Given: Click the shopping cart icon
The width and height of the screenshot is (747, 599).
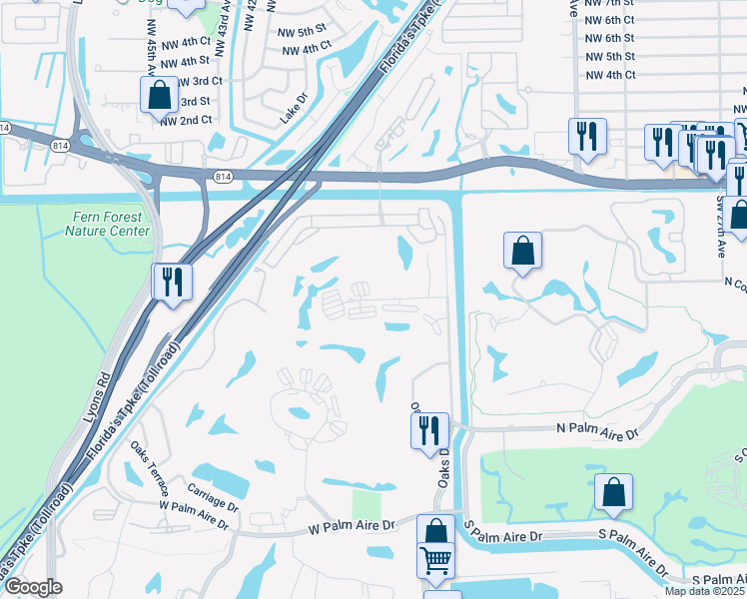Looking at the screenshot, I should [434, 561].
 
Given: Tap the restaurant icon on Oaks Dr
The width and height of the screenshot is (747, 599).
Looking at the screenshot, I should [429, 430].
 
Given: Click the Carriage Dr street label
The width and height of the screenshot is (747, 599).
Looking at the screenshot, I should [213, 496].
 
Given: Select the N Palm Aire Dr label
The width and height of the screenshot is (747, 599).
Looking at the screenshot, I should [604, 428].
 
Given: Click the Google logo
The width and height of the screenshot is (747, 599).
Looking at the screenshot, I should [33, 587].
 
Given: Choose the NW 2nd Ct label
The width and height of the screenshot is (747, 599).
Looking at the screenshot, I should [187, 120].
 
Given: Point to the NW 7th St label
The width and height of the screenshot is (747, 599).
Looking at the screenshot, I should [610, 4].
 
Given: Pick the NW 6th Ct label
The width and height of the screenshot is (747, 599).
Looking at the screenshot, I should [610, 20].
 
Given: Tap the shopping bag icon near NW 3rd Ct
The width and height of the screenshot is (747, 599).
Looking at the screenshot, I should [159, 95].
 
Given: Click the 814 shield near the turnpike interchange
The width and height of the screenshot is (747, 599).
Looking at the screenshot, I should [222, 176].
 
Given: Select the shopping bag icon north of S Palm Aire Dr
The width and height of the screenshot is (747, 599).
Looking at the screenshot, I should [613, 492].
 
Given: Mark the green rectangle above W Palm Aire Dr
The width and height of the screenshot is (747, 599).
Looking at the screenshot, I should [367, 503].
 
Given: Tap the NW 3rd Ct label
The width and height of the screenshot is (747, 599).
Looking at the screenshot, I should [199, 81].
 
